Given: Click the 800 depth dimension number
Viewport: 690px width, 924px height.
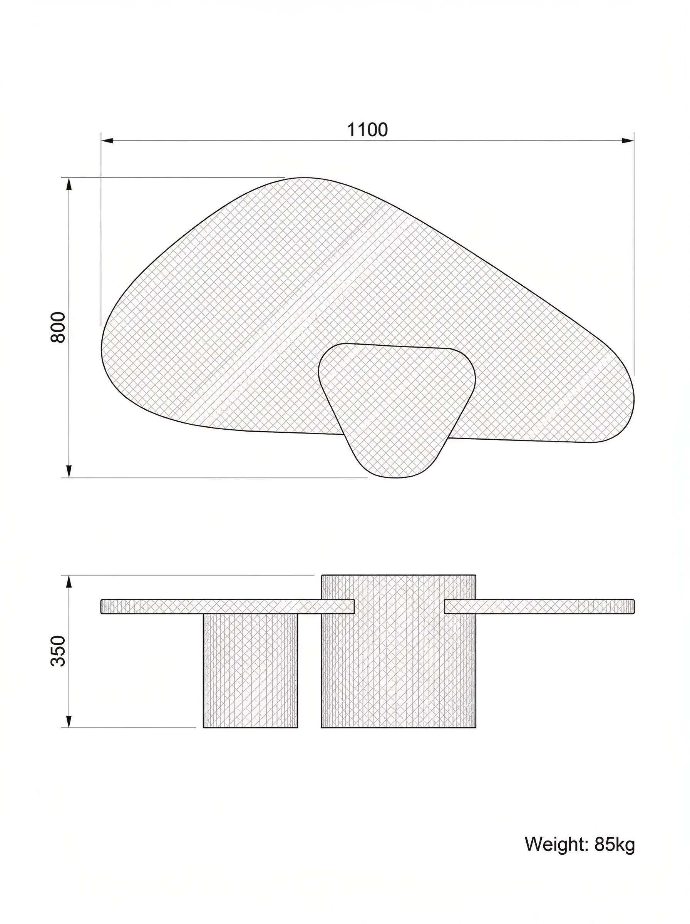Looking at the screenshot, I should tap(58, 328).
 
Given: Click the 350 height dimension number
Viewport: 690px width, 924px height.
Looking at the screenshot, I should tap(58, 651).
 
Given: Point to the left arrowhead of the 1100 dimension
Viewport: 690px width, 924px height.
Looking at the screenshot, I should tap(107, 141).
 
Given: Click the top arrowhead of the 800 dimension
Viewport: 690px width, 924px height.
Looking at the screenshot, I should tap(69, 184).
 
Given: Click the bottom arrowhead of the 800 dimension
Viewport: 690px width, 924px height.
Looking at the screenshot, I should tap(69, 471).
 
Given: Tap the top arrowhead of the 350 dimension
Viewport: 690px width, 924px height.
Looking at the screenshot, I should tap(69, 582).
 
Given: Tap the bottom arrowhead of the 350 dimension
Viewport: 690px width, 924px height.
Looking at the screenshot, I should tap(69, 721).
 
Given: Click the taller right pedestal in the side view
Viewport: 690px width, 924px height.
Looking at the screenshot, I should tap(399, 668).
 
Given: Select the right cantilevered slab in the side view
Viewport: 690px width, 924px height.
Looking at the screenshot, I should tap(539, 607).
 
